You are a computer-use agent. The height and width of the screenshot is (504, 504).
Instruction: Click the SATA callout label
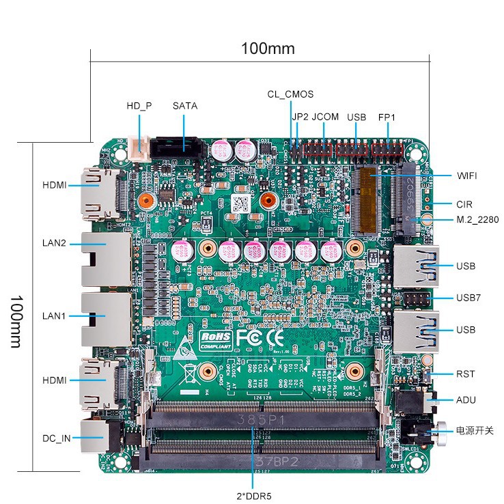click(x=184, y=106)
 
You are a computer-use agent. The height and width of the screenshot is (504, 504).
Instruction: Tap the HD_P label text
click(x=139, y=106)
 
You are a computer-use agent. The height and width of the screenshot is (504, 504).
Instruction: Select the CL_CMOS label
click(x=290, y=94)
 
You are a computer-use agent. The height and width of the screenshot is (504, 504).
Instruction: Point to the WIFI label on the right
click(x=467, y=176)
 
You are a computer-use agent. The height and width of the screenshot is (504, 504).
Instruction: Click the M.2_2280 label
click(x=477, y=220)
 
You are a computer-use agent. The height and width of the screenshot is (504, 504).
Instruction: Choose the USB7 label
click(x=468, y=298)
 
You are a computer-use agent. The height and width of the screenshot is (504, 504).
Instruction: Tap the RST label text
click(x=465, y=374)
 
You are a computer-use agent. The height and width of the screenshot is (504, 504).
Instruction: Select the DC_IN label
click(x=57, y=438)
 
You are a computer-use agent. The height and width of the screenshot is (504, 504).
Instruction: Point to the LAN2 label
click(x=55, y=243)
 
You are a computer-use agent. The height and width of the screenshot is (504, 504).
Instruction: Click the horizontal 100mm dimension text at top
click(x=267, y=48)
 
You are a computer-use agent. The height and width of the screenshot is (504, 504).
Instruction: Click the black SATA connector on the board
click(x=176, y=145)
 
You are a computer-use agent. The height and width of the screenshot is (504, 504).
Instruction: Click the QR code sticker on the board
click(x=239, y=203)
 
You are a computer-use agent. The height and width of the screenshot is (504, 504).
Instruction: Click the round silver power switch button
click(x=440, y=430)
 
